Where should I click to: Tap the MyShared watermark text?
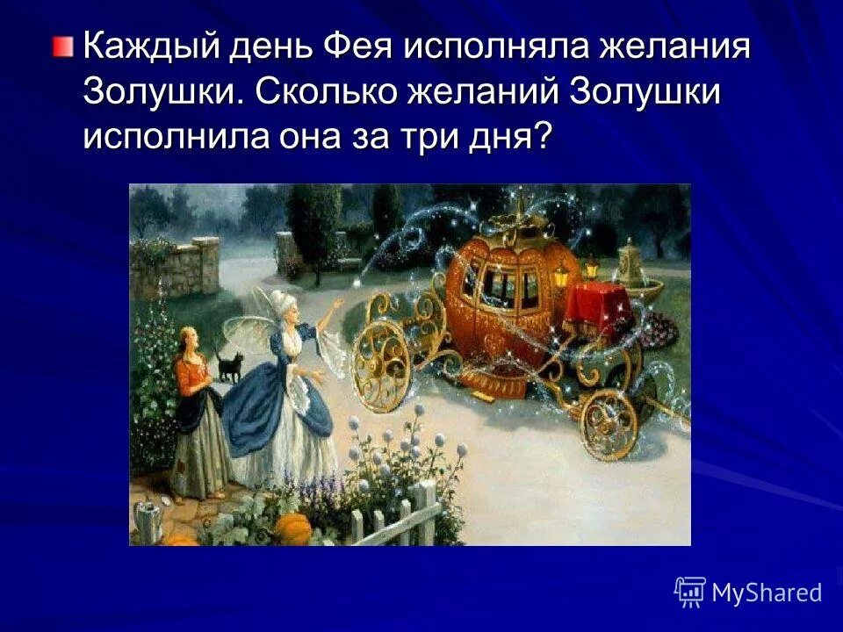pos(766,592)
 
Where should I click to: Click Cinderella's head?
pos(190,337)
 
